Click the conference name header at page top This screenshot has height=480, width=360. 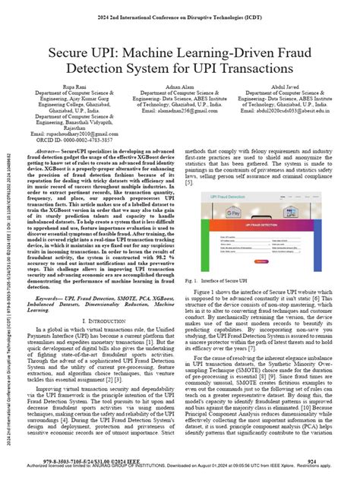[179, 9]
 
